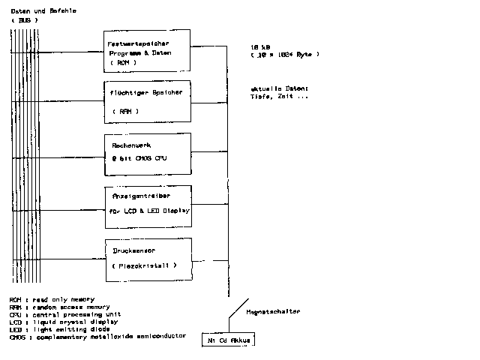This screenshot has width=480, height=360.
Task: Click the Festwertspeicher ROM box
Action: (x=147, y=50)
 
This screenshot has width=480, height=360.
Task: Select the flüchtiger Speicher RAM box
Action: (x=147, y=102)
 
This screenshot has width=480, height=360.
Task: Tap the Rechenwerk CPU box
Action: (x=147, y=154)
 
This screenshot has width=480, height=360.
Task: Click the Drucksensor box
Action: (x=147, y=259)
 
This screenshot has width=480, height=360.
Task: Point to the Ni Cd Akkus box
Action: (x=229, y=340)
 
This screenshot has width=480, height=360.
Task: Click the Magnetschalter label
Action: (x=273, y=310)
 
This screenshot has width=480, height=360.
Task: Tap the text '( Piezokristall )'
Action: (x=143, y=265)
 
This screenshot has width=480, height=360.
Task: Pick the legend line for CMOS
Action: (x=97, y=336)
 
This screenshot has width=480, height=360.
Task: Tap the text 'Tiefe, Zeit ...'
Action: (x=278, y=97)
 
